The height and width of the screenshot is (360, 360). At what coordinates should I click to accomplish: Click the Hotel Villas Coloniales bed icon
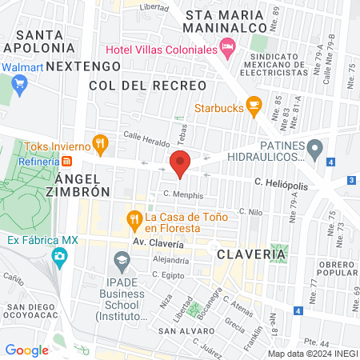pos(227,49)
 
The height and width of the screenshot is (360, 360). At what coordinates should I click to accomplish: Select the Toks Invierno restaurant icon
pos(100,145)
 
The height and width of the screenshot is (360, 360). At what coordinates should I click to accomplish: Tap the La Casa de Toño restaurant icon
pos(134,218)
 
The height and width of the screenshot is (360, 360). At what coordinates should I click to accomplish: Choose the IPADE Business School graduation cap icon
pos(122,259)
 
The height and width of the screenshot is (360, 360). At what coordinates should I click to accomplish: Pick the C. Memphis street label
pos(183,194)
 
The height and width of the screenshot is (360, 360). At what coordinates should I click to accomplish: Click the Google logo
pos(26,350)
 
